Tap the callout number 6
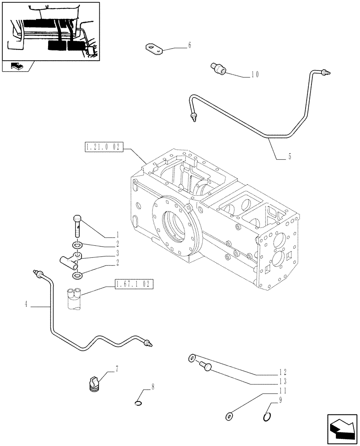[189, 45]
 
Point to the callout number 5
[290, 157]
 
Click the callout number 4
[26, 305]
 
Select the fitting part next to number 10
[218, 68]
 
